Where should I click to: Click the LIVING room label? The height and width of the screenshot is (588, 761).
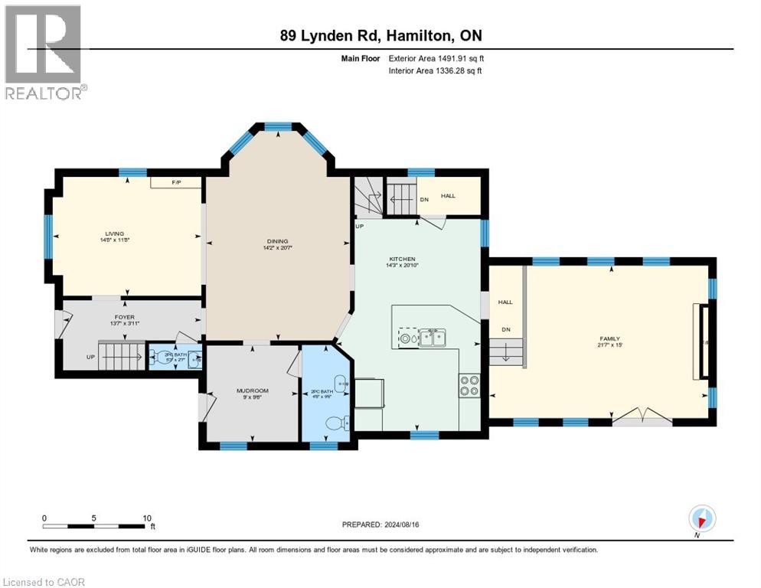click(115, 234)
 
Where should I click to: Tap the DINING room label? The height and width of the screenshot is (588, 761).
click(278, 241)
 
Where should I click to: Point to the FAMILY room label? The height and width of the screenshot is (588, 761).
click(609, 338)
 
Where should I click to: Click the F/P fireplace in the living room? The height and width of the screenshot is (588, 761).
click(176, 182)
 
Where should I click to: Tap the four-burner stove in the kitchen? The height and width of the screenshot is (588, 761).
click(469, 385)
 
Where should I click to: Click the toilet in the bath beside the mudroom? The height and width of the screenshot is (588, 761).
click(335, 422)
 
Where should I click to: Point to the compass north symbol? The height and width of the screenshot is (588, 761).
click(701, 519)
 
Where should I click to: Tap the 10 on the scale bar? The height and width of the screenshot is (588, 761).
click(146, 518)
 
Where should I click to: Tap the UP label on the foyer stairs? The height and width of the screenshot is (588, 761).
click(91, 358)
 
